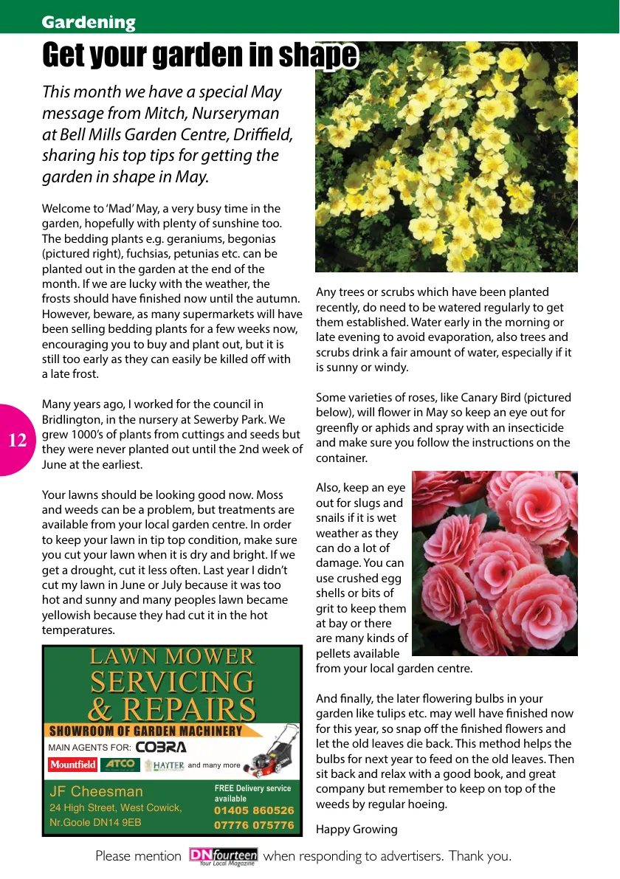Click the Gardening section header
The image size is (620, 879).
pos(89,22)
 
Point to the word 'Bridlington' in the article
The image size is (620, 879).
pos(70,419)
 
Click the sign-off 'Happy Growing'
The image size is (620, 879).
pos(356,829)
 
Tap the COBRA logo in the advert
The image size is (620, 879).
pos(161,747)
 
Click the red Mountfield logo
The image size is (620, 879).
pos(73,765)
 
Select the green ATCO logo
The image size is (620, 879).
pos(120,765)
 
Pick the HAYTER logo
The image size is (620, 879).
pos(164,765)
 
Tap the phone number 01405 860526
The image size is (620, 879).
pos(254,810)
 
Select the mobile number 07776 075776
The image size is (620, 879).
pos(254,825)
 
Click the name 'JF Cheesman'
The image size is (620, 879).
pos(96,791)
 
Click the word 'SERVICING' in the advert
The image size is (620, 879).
pos(172,681)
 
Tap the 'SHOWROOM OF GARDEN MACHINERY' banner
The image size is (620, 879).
pos(145,731)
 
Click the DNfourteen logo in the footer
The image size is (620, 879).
pos(223,856)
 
